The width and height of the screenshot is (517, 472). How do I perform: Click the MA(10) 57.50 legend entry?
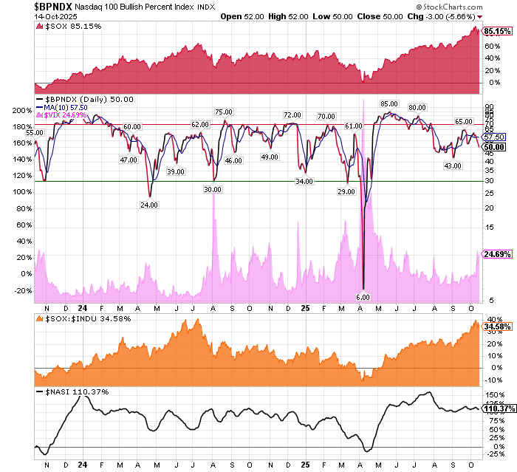click(67, 106)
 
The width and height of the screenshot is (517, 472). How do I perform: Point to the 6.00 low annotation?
click(362, 297)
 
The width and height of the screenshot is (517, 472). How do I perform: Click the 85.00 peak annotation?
click(388, 103)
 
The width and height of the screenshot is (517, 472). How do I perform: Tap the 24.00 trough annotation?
click(149, 205)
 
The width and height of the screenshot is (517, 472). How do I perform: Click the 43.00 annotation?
click(452, 165)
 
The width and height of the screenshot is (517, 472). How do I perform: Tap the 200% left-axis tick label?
click(21, 110)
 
